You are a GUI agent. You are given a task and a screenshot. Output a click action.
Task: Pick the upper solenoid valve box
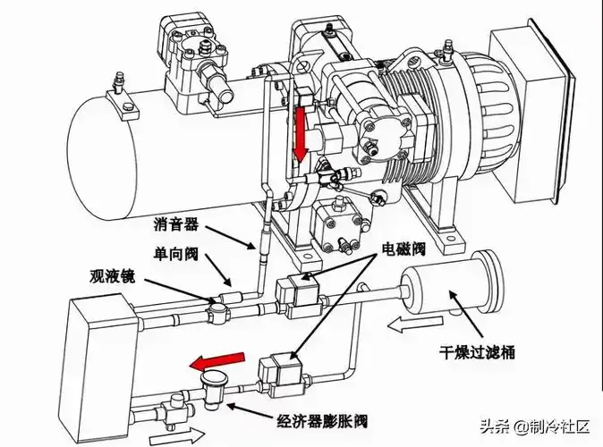click(x=296, y=294)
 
